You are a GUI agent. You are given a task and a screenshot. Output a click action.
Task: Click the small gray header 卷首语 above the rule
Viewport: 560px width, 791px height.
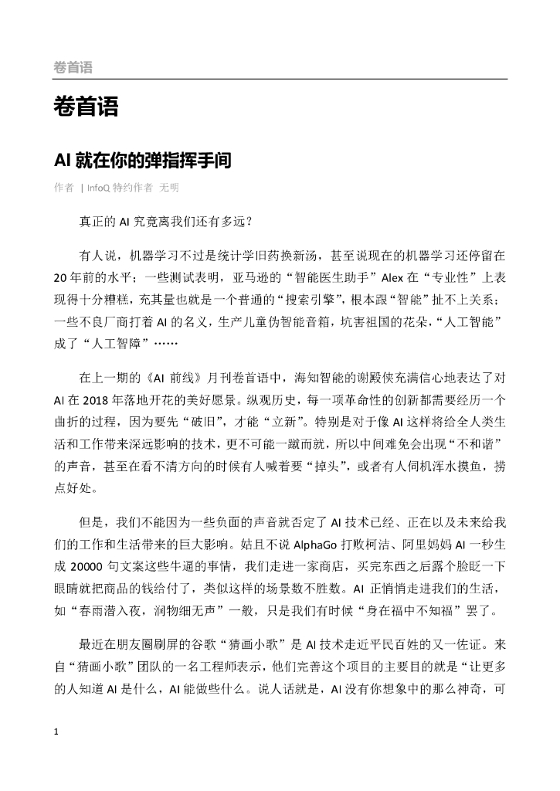[73, 68]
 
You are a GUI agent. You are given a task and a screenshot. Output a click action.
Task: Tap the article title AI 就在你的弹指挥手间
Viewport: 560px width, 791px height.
[142, 161]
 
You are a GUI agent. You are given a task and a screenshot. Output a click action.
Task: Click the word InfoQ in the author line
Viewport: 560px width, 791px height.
[98, 188]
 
